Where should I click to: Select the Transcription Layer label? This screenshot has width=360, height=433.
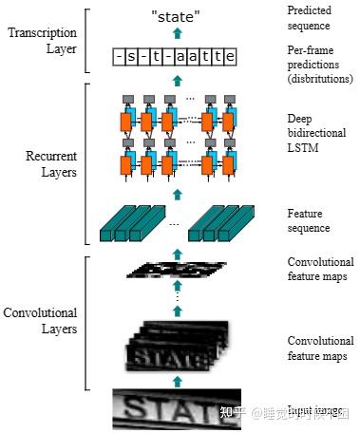(x=42, y=41)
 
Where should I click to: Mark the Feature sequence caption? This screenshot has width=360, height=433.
(x=309, y=221)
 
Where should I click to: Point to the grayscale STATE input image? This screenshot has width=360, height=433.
(x=176, y=411)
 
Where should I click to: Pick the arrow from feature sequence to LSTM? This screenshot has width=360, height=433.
(x=176, y=194)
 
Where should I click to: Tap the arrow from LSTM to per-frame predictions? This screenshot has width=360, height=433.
(x=176, y=82)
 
